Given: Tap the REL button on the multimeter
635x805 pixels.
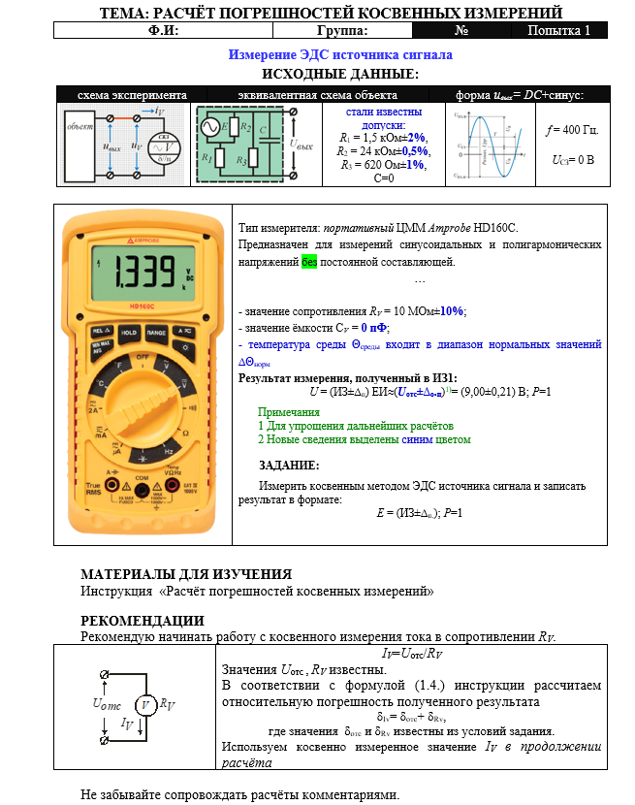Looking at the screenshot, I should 98,332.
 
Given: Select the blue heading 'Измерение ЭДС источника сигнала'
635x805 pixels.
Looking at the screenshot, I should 340,55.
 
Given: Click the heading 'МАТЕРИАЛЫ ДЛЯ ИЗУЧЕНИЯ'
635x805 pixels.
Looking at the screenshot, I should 185,574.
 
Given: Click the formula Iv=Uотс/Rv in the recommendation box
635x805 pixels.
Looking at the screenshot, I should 412,654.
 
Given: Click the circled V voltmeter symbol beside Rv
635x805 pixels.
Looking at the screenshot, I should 144,705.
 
